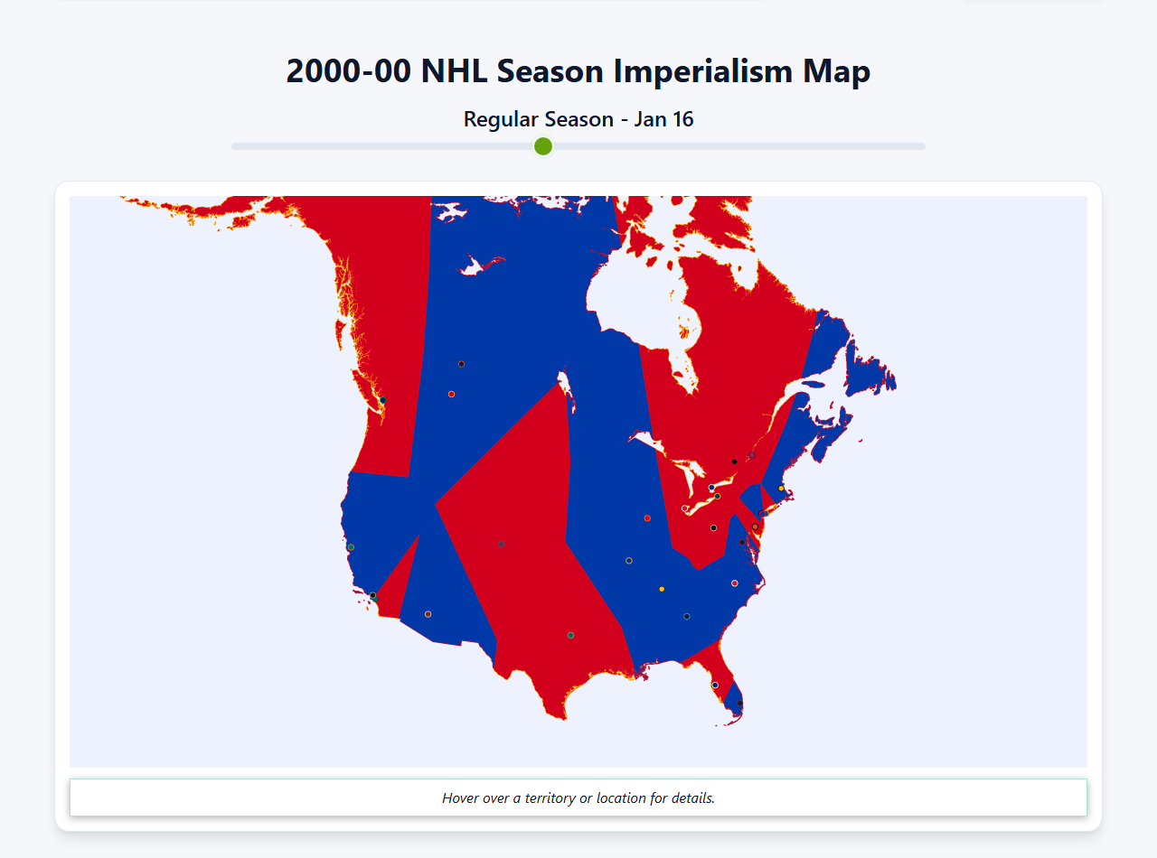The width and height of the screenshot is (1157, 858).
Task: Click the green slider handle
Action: (x=542, y=146)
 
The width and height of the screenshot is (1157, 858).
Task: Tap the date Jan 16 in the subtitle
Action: (x=663, y=119)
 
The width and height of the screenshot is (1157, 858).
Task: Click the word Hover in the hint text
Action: (x=461, y=798)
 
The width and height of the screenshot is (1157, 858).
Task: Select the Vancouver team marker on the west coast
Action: (x=383, y=400)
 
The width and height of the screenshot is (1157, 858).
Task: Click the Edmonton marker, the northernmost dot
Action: (x=461, y=364)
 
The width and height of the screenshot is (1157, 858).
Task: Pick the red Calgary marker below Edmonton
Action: (x=451, y=394)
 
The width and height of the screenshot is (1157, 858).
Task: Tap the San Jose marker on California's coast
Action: (x=351, y=547)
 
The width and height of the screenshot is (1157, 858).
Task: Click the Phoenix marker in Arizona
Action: (x=428, y=614)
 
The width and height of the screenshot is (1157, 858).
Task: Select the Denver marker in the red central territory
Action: (x=501, y=544)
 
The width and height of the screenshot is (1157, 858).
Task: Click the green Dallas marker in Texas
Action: (x=570, y=635)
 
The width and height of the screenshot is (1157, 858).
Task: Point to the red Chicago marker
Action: (x=647, y=518)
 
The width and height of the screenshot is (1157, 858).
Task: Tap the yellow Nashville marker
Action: (x=662, y=589)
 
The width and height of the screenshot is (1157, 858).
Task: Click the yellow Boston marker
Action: (x=781, y=489)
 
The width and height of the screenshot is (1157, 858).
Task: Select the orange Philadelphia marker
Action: (x=755, y=527)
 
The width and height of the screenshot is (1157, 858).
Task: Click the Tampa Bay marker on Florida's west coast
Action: (x=715, y=685)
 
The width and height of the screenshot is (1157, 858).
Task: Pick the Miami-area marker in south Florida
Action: (x=739, y=704)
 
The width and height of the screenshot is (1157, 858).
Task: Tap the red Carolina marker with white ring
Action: (x=734, y=583)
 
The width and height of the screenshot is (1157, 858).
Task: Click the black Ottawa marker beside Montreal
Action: (x=734, y=462)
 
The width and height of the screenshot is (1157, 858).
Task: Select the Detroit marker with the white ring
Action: (x=684, y=508)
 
